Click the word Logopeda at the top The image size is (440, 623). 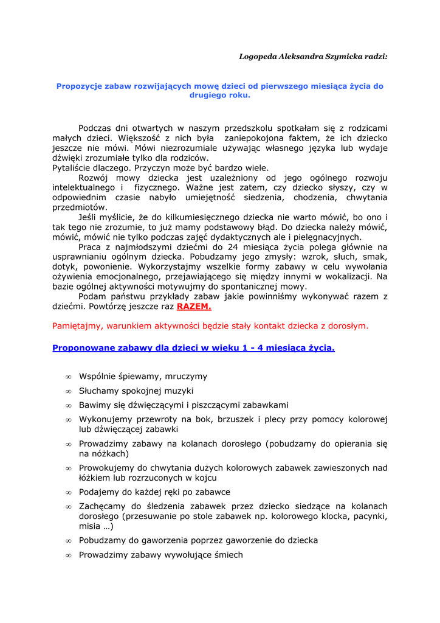click(257, 57)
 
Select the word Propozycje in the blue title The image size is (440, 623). click(80, 86)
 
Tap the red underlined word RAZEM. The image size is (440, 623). click(194, 307)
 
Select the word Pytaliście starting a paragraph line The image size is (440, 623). click(72, 168)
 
